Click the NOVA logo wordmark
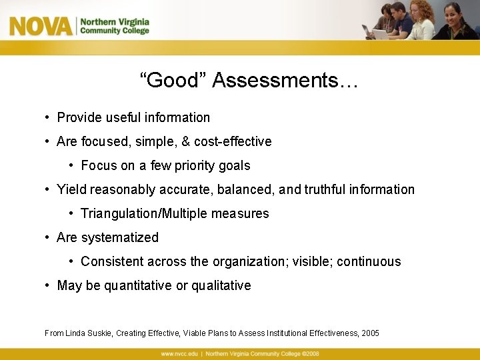pyautogui.click(x=40, y=27)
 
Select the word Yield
pyautogui.click(x=71, y=190)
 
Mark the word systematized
pyautogui.click(x=120, y=238)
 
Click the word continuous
pyautogui.click(x=369, y=262)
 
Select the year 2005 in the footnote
pyautogui.click(x=370, y=333)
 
